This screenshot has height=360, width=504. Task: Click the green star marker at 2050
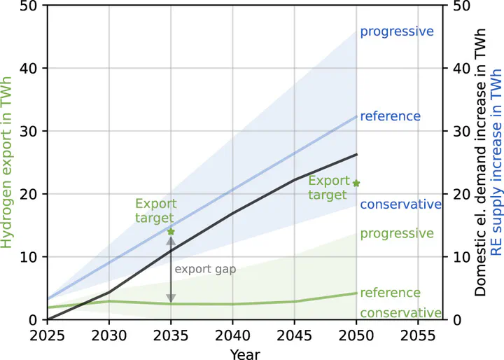[x=356, y=184]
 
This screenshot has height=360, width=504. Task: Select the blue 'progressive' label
[x=397, y=32]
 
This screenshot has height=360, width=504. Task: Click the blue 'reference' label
[x=390, y=116]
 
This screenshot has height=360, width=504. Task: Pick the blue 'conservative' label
[x=400, y=205]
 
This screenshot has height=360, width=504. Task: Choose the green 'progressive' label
[x=397, y=233]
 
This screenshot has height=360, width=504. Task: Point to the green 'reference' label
[x=390, y=293]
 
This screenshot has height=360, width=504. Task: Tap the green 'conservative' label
[x=400, y=313]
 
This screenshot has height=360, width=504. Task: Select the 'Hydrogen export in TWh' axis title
[x=8, y=162]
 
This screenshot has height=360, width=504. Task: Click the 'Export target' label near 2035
[x=156, y=210]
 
